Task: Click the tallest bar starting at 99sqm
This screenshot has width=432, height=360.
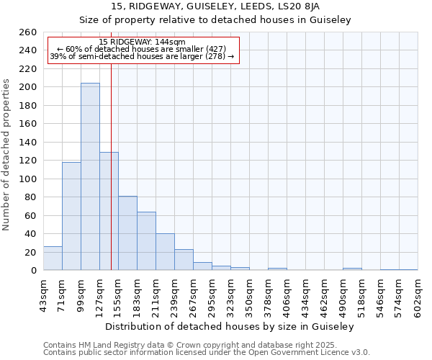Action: click(x=90, y=176)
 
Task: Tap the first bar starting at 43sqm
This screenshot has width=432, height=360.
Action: click(x=53, y=258)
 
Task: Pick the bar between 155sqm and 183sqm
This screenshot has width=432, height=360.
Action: click(x=127, y=233)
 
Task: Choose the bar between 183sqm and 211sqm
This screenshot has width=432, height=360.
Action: click(x=146, y=240)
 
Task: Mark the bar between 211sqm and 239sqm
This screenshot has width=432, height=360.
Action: click(x=165, y=251)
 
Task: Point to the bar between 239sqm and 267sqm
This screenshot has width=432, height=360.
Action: click(x=184, y=259)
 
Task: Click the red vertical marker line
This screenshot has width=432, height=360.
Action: click(x=111, y=166)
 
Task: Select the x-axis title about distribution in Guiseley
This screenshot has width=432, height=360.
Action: click(x=230, y=326)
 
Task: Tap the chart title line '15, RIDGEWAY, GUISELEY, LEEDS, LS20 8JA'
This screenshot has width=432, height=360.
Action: click(x=215, y=6)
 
